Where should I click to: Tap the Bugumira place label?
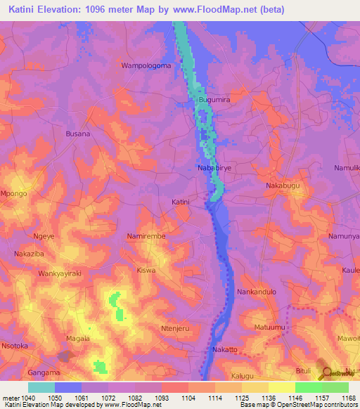[214, 101]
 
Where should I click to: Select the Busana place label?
[77, 134]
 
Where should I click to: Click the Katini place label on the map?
[181, 202]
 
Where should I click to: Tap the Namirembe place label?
[146, 237]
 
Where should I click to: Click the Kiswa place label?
[146, 270]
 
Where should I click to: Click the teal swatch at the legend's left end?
[41, 387]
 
